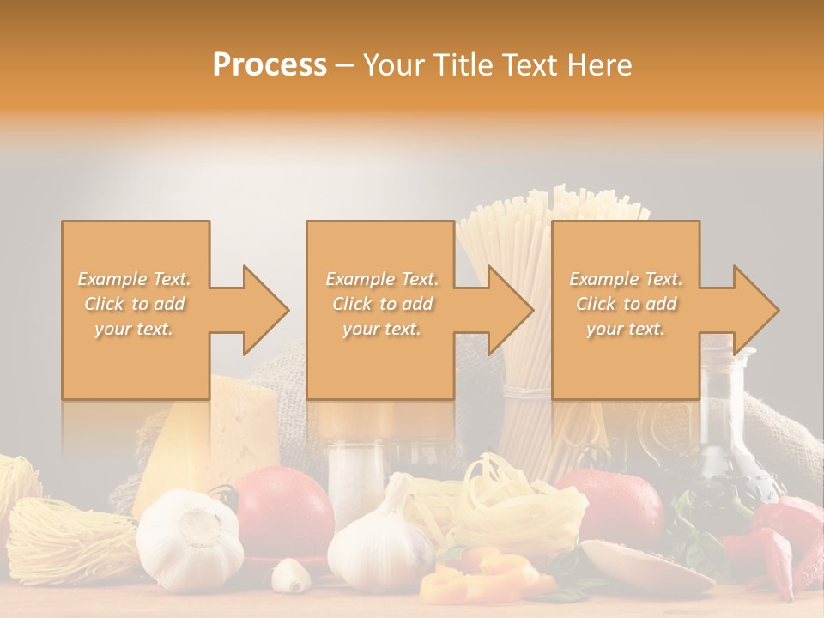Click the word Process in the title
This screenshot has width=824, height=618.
tap(270, 65)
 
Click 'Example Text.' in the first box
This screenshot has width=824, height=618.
tap(134, 279)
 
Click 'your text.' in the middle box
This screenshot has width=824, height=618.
tap(381, 329)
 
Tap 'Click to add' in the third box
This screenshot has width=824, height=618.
tap(626, 304)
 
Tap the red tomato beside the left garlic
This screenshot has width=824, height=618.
tap(283, 511)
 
